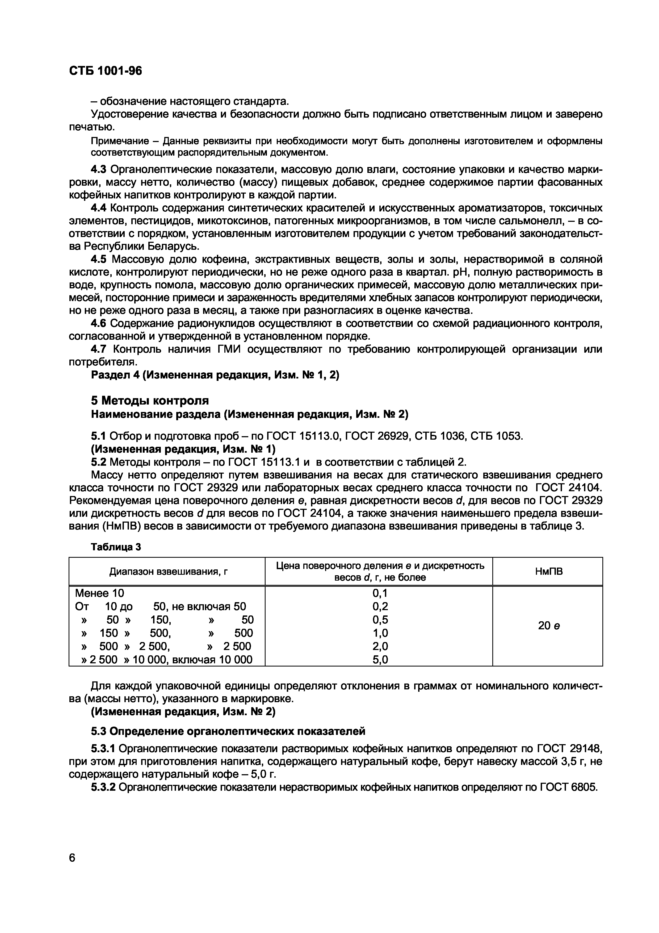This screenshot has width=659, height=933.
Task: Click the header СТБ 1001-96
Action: point(106,71)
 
